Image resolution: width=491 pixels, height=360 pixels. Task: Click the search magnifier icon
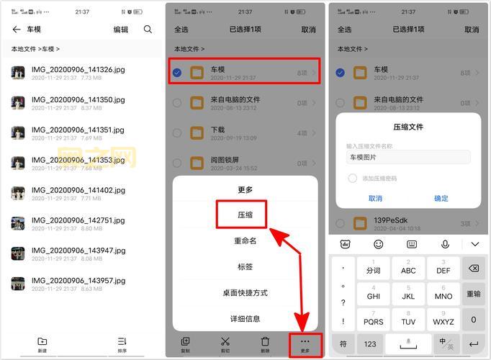click(148, 30)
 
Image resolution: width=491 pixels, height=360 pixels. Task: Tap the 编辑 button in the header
click(121, 30)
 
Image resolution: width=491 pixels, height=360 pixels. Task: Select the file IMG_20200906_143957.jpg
click(78, 284)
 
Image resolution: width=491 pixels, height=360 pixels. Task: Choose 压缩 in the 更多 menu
click(245, 215)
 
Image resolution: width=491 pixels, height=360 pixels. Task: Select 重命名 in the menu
click(245, 241)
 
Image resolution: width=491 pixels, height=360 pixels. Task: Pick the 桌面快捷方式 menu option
click(245, 293)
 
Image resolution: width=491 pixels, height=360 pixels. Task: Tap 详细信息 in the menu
click(245, 318)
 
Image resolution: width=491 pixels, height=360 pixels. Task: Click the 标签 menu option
click(245, 267)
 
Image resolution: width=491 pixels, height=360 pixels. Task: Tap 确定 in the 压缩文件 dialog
click(441, 198)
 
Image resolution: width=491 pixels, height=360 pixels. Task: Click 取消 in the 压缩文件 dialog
click(375, 198)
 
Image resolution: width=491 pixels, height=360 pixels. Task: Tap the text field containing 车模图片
click(408, 157)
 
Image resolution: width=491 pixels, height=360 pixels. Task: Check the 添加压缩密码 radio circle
click(353, 178)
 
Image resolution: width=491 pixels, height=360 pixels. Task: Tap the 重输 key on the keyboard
click(473, 294)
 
